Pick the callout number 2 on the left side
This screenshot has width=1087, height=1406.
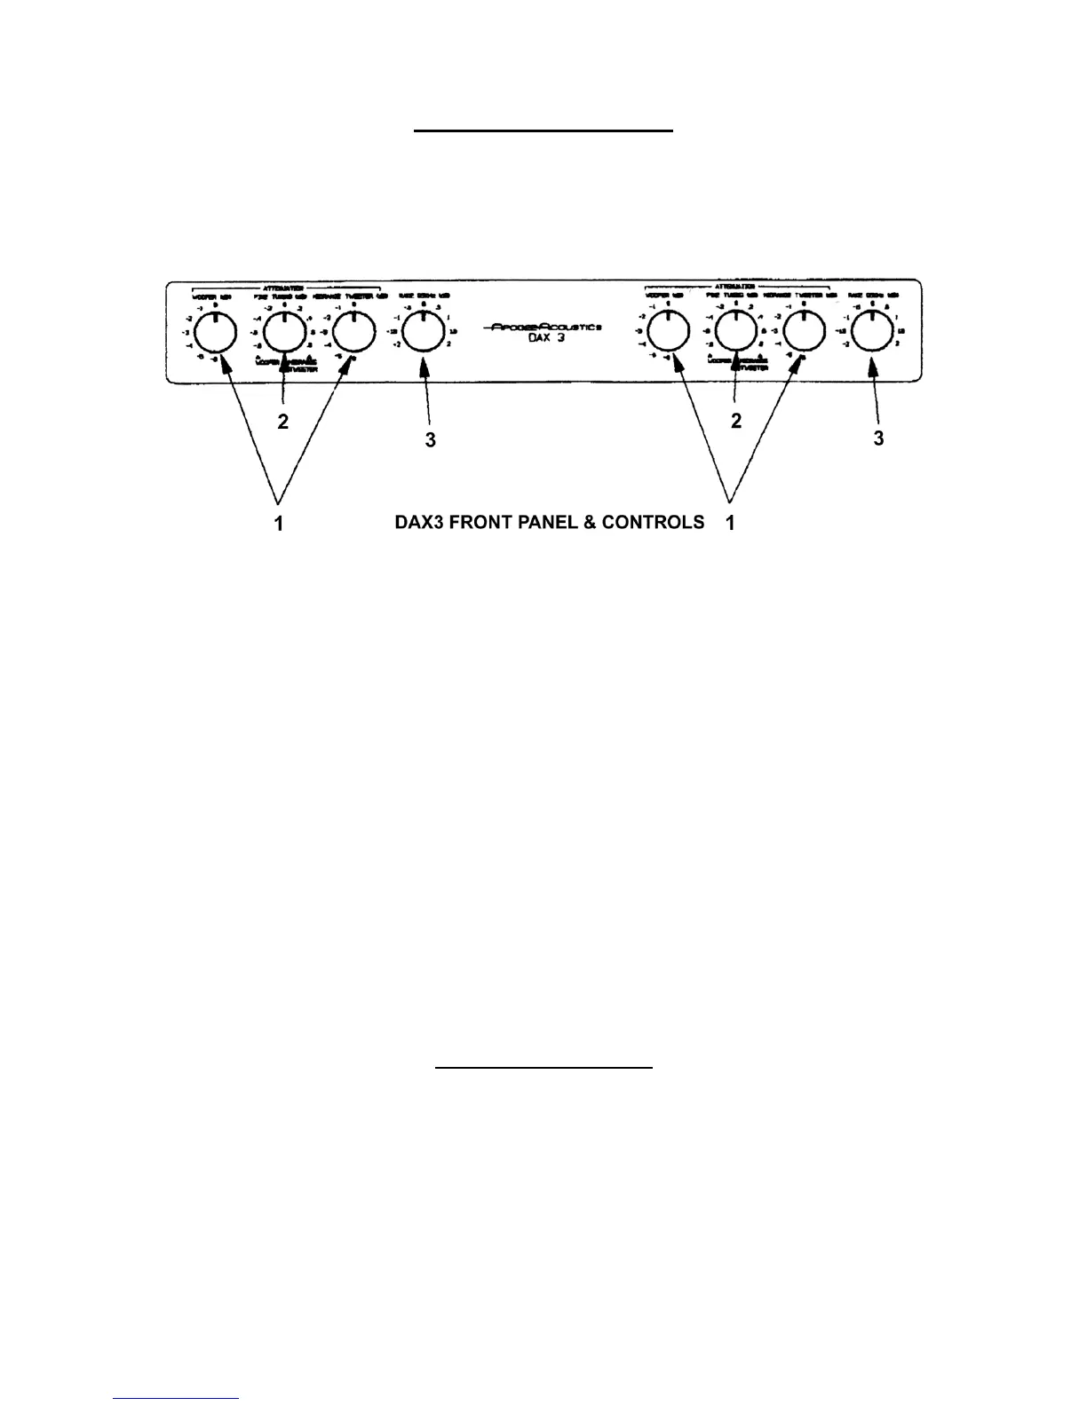tap(282, 423)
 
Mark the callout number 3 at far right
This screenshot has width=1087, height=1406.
tap(878, 438)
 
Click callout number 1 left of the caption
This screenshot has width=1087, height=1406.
tap(279, 525)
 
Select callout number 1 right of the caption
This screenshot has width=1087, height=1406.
tap(730, 525)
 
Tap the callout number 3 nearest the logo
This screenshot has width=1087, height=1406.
tap(430, 439)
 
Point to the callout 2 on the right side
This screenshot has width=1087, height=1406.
tap(735, 423)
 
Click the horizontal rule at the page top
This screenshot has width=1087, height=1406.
tap(543, 130)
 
